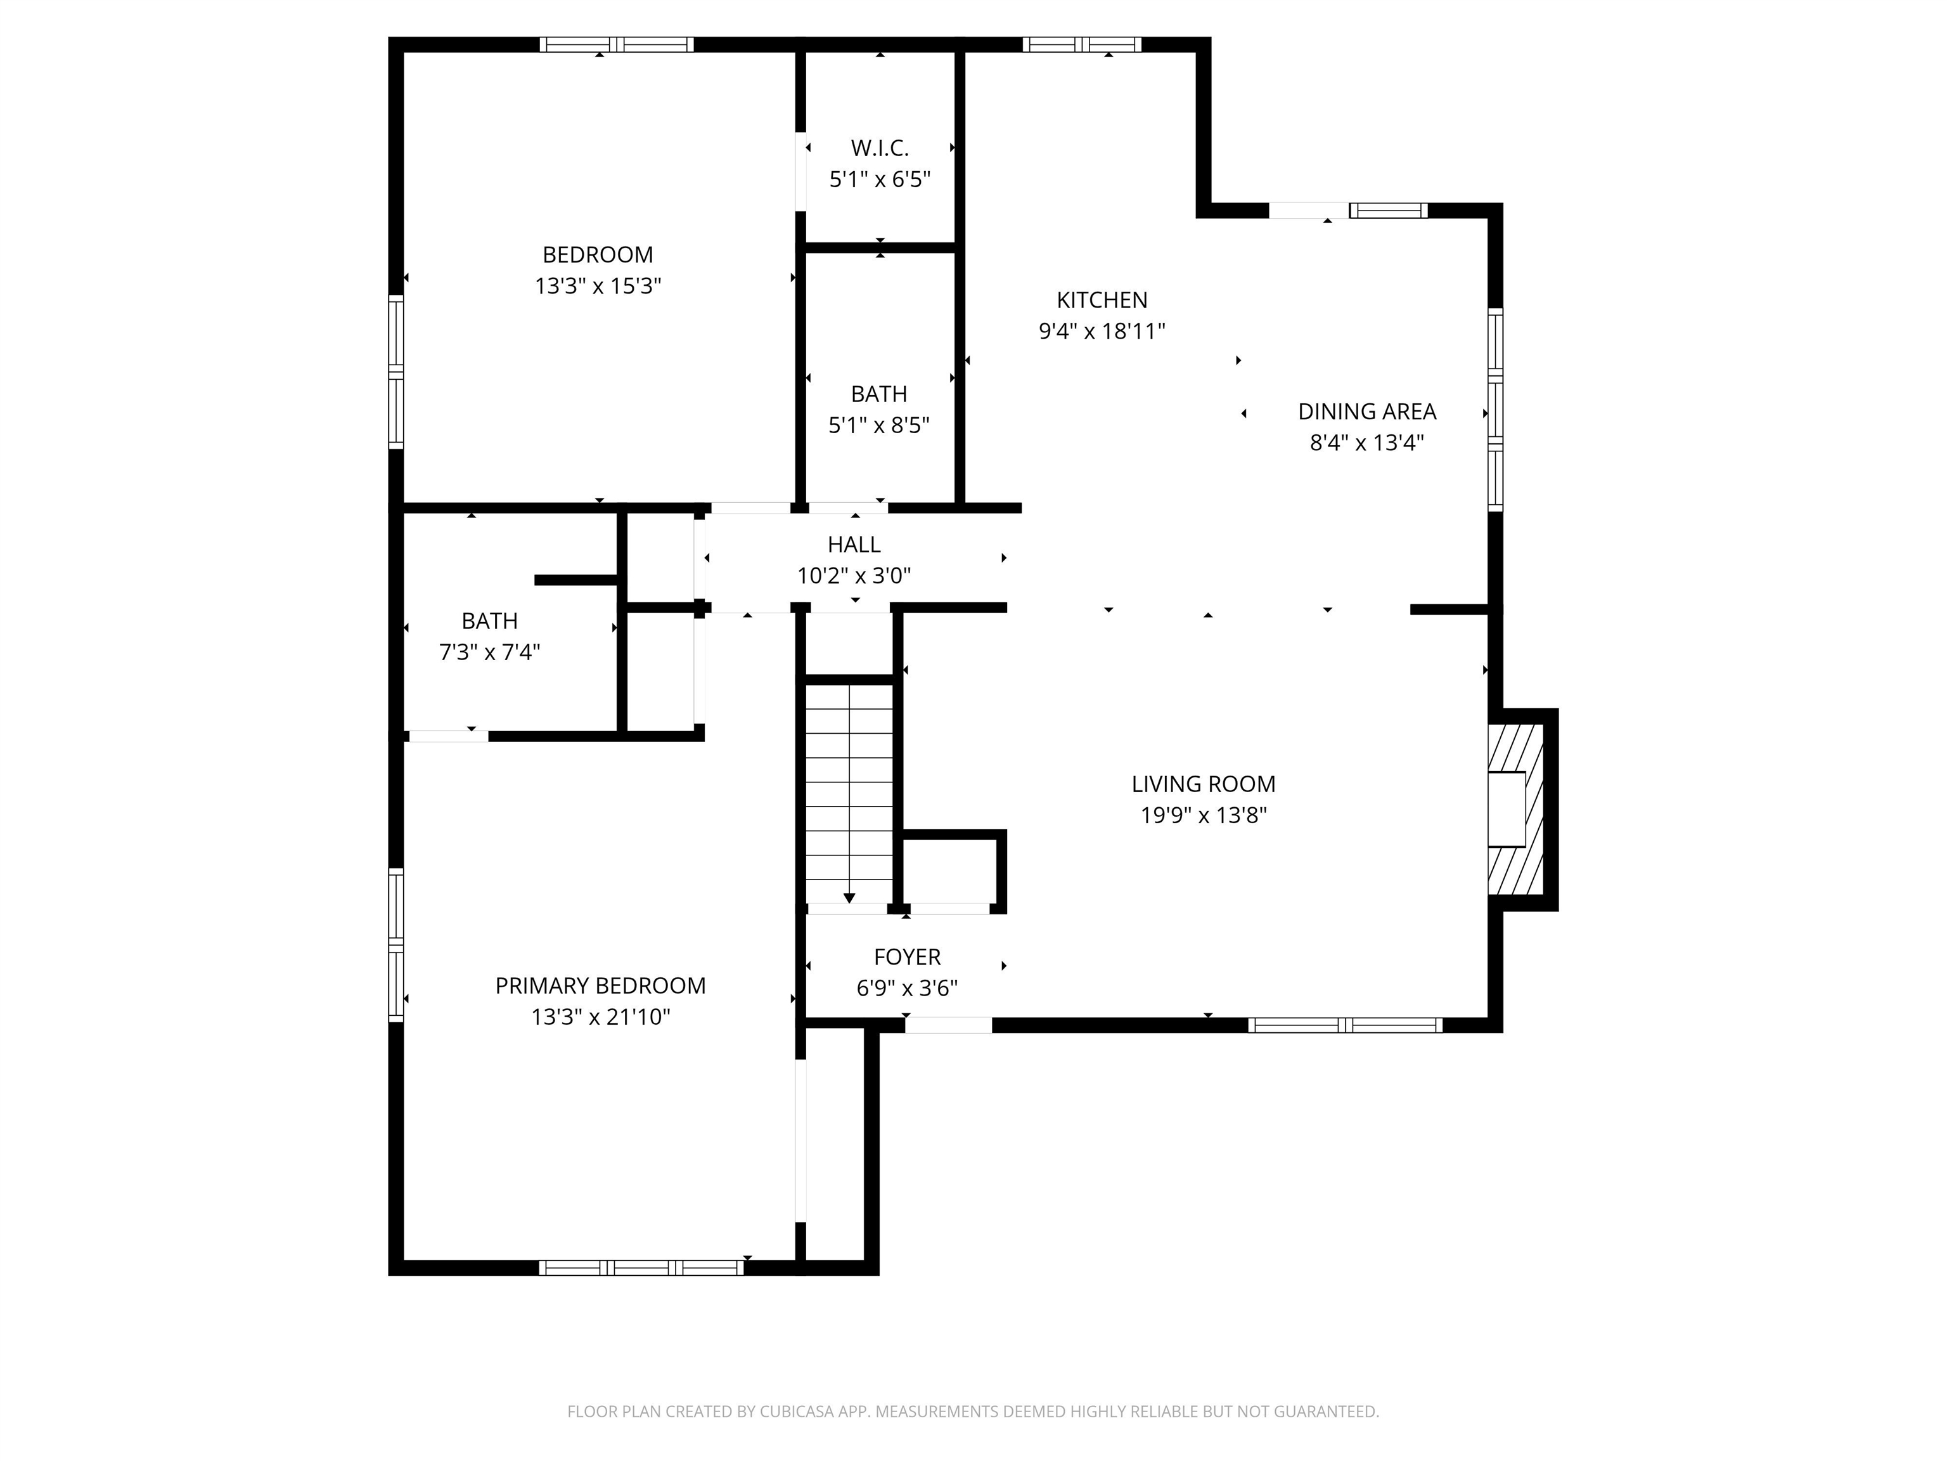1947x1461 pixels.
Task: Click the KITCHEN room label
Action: (x=1102, y=301)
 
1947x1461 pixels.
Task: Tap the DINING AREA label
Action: (x=1367, y=412)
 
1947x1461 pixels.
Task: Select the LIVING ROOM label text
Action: (x=1203, y=784)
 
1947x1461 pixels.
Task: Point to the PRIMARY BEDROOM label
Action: (x=600, y=985)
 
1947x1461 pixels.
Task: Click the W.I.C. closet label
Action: (x=879, y=148)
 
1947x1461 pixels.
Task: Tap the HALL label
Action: (x=854, y=544)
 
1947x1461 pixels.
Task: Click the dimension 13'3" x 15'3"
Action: (x=598, y=286)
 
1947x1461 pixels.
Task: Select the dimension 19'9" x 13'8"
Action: (x=1203, y=815)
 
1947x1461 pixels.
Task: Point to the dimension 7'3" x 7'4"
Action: (x=489, y=653)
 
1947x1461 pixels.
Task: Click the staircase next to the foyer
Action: (x=849, y=793)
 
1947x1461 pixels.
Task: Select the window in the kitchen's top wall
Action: (x=1082, y=45)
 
